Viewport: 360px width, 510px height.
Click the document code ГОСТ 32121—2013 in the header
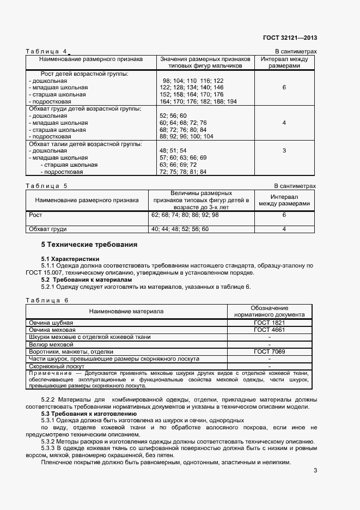coord(290,38)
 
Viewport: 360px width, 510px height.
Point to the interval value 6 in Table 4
coord(284,87)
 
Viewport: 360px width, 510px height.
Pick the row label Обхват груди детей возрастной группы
coord(85,108)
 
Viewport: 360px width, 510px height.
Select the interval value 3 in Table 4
coord(284,150)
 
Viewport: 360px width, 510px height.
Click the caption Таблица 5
coord(47,186)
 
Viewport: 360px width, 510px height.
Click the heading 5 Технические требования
coord(89,244)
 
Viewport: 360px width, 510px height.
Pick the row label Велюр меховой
coord(51,344)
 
